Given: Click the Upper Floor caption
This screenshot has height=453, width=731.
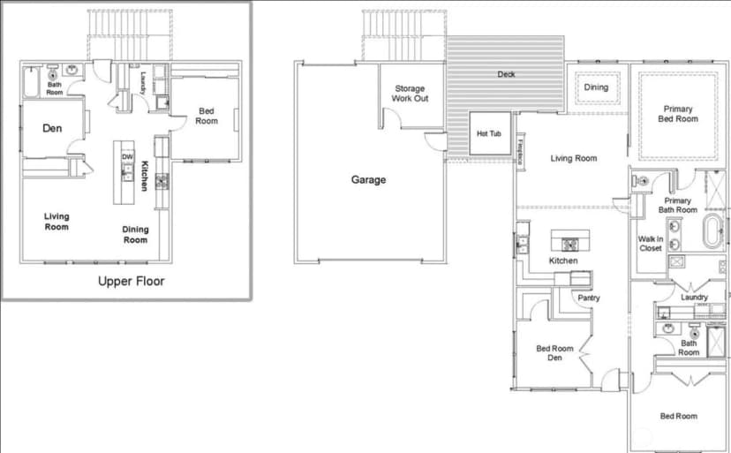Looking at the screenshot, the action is pos(131,281).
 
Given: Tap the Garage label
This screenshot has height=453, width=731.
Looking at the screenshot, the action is pos(368,179).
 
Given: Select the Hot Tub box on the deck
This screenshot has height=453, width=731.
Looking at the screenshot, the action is pos(490,133).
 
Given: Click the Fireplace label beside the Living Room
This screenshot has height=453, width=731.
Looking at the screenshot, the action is pos(520,151).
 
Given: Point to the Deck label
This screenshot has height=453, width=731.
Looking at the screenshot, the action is pos(506,74).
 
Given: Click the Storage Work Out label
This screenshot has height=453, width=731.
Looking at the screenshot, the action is pos(410,94).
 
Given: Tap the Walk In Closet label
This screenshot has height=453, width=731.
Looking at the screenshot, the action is pos(651,244).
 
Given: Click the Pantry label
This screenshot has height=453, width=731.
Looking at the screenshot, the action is pos(589,298).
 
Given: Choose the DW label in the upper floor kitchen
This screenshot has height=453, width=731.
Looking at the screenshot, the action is pos(127,157).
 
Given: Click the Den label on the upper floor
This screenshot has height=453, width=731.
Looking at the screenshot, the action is pos(52,128).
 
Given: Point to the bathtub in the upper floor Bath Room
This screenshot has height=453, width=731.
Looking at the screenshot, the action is pos(32,82).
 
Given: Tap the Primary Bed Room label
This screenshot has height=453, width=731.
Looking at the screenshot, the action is pos(678,114).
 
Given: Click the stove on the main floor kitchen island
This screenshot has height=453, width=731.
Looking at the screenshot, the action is pos(569,244).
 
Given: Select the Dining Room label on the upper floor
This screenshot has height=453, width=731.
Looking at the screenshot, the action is pos(135,235).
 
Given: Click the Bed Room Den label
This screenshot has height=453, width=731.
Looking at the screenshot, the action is pos(554,353).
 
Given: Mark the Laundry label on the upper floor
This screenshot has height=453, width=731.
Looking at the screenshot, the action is pos(144,83).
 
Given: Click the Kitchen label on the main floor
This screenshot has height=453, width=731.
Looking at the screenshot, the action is pos(563,260).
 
